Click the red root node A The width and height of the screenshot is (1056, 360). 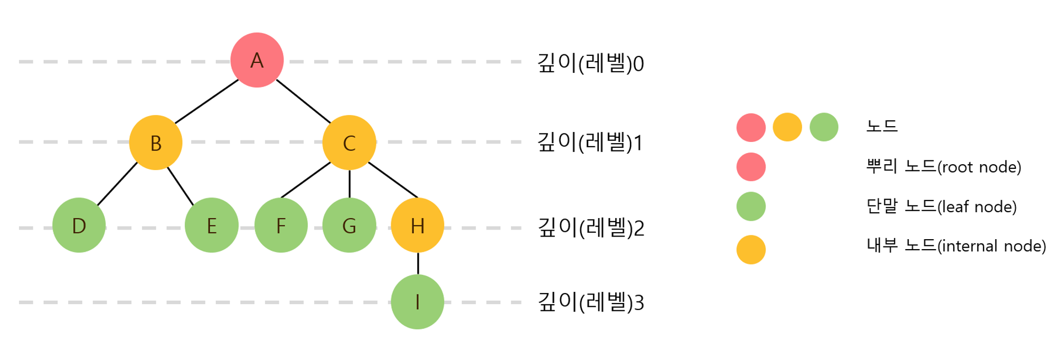click(257, 60)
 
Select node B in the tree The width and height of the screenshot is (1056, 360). click(156, 143)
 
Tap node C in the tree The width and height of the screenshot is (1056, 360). click(349, 143)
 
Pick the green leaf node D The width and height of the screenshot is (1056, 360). click(79, 225)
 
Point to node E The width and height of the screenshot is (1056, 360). click(211, 225)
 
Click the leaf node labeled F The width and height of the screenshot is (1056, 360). click(281, 225)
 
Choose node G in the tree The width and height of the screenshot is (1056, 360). click(349, 225)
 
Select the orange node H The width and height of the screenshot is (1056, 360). click(417, 225)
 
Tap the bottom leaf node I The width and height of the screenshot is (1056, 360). click(417, 302)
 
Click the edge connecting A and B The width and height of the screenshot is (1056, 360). click(206, 101)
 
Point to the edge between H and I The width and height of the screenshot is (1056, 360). click(418, 263)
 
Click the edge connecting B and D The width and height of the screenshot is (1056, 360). click(117, 184)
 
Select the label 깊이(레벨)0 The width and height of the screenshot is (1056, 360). click(590, 63)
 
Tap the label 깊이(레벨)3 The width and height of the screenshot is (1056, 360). click(590, 302)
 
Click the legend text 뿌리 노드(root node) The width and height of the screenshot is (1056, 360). click(944, 167)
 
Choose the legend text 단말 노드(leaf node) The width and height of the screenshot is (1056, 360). click(941, 206)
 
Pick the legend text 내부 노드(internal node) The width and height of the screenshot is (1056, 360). click(956, 246)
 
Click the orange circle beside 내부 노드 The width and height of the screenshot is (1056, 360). click(751, 250)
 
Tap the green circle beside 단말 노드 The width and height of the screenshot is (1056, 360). click(751, 206)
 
